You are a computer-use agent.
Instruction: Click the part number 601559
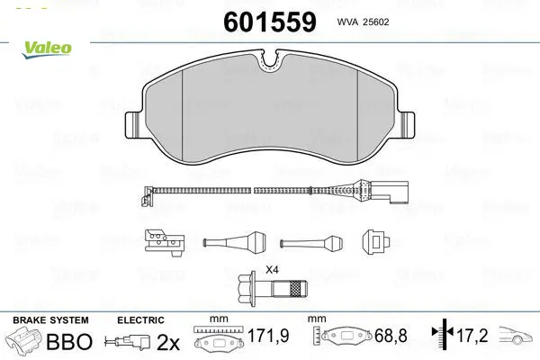270,22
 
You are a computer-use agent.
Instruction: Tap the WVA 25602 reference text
363,22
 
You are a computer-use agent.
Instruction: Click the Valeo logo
47,49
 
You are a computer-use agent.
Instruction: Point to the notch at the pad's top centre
271,61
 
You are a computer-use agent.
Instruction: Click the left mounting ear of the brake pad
133,125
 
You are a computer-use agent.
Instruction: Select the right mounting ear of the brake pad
407,125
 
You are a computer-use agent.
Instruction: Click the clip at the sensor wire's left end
147,195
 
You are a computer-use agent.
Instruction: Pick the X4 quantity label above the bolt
272,270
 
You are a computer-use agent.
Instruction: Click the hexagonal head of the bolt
247,288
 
